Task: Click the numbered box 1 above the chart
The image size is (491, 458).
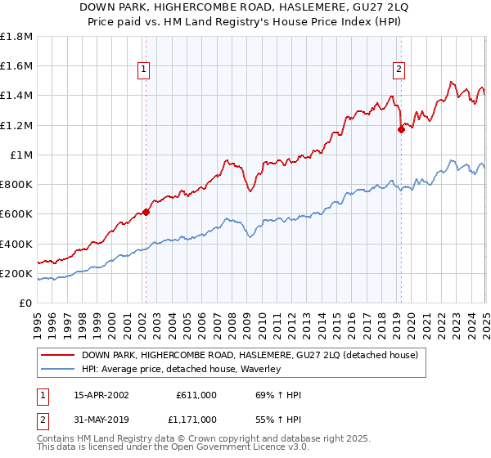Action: [x=143, y=70]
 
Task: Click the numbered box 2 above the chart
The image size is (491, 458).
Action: [x=399, y=70]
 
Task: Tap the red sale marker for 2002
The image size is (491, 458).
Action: [x=146, y=212]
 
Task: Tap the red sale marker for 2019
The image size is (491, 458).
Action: [x=402, y=128]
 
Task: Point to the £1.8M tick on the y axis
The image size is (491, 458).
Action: [x=16, y=37]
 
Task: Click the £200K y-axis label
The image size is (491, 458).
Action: [x=16, y=273]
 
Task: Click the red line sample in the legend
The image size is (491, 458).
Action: [x=57, y=355]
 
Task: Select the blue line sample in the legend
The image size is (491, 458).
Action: [x=57, y=369]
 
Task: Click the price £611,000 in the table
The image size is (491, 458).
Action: [x=196, y=395]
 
